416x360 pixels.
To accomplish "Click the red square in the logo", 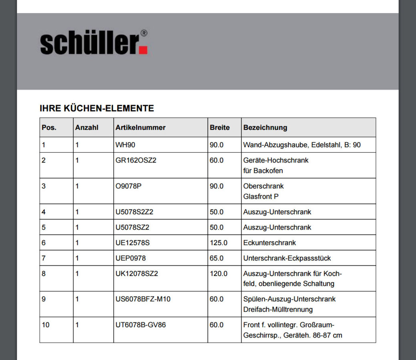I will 143,50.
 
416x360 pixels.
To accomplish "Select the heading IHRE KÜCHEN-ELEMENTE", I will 97,108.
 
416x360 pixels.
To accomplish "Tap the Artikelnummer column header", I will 141,128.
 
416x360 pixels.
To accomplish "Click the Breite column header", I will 220,128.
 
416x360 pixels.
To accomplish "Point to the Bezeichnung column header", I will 265,128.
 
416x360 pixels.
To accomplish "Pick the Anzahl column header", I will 86,128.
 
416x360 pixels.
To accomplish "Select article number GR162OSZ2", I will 135,160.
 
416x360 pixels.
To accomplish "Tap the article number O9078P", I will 129,186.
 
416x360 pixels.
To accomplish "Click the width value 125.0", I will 219,243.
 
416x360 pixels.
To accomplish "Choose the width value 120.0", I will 219,274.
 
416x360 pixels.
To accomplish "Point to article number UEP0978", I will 131,258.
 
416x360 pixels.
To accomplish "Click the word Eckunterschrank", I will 269,243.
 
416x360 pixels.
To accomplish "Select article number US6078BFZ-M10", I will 143,299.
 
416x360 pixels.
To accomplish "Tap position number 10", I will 46,325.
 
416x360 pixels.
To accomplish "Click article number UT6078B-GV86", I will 141,325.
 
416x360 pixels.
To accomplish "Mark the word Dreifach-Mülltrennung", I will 278,310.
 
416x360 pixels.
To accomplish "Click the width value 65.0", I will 217,258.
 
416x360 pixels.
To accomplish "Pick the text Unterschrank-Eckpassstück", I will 287,258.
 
